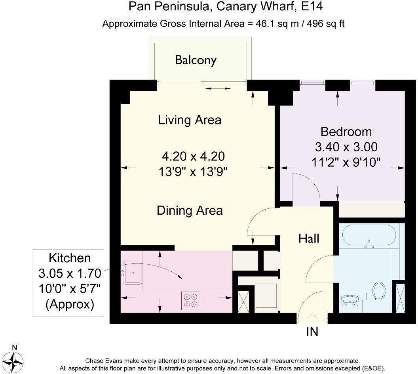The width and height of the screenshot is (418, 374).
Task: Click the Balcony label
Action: [x=196, y=60]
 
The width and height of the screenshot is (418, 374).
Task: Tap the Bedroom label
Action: [x=346, y=132]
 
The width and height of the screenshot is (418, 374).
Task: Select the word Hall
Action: [x=309, y=239]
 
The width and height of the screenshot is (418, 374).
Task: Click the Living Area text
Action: [x=190, y=120]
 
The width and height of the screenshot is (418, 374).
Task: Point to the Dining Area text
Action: [x=190, y=210]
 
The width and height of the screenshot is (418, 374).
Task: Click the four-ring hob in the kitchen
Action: [x=191, y=301]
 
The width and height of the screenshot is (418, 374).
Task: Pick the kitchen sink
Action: [x=132, y=273]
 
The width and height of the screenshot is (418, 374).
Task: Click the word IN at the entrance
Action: [x=312, y=332]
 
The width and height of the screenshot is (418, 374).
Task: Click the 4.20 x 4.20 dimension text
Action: [x=193, y=156]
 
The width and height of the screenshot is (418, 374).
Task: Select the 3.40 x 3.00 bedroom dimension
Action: [x=346, y=147]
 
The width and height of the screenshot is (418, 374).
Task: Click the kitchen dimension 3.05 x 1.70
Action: [x=70, y=273]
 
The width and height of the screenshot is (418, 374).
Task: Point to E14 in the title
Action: [x=312, y=6]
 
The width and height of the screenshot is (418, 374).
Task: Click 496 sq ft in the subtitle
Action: [x=326, y=24]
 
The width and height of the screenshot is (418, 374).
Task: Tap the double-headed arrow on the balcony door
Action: [x=218, y=89]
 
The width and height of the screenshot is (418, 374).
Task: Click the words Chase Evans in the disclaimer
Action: [x=104, y=361]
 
